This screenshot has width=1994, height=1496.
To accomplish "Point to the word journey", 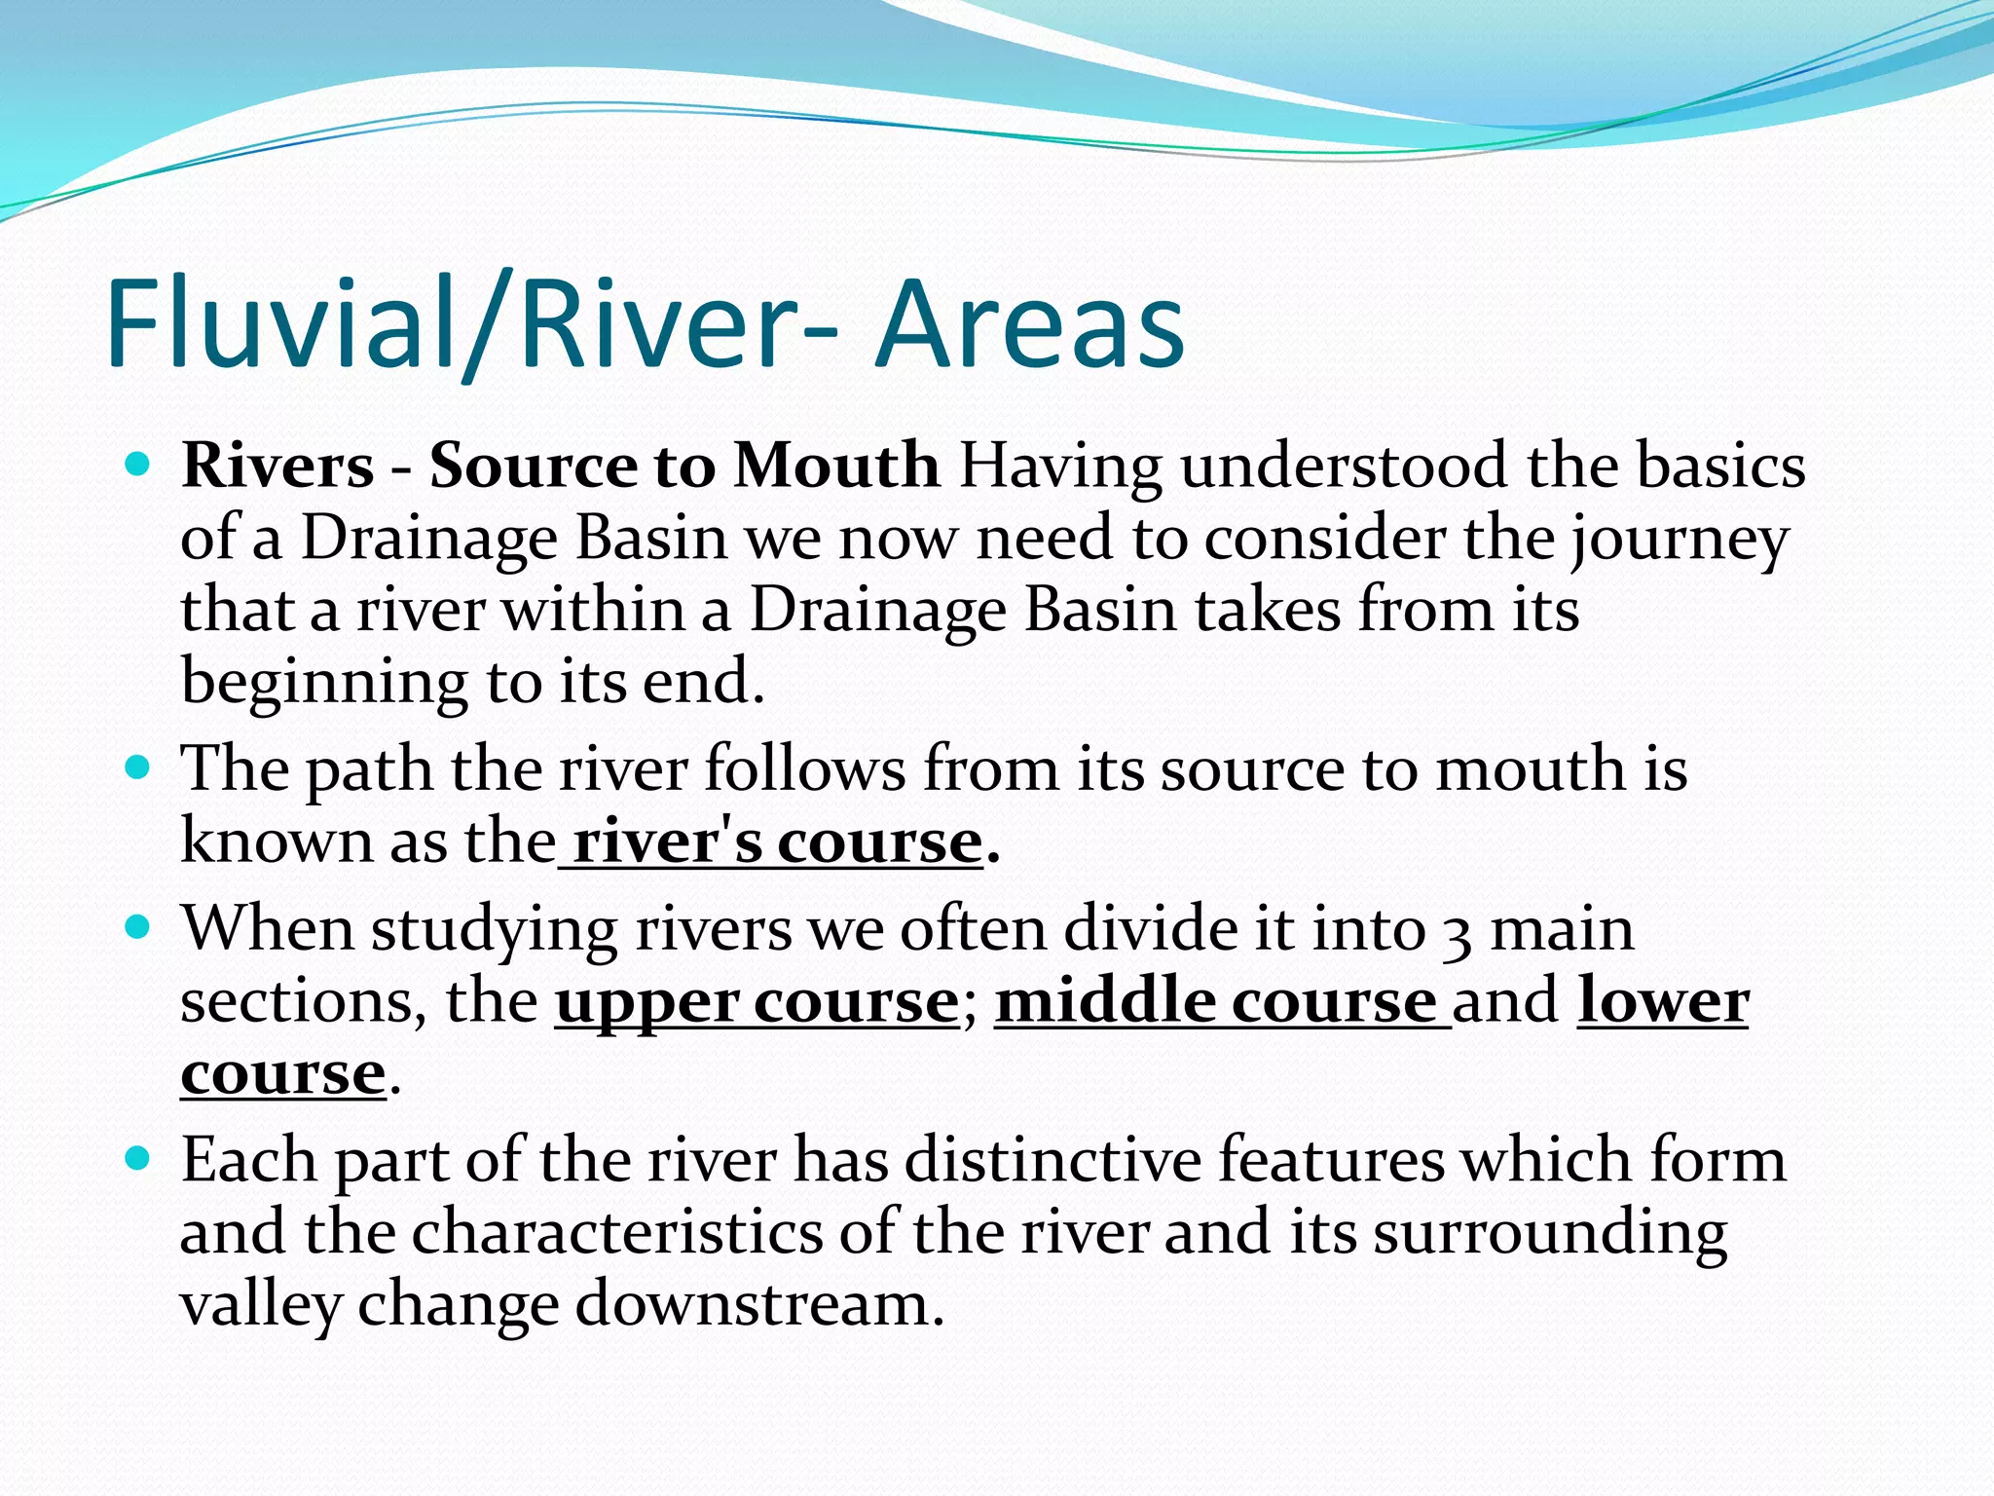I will (1679, 539).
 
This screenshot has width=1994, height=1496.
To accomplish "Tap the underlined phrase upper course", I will (757, 1002).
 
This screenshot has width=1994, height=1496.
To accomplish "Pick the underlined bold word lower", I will (1663, 1002).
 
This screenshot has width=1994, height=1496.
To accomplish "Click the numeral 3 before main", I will (1457, 932).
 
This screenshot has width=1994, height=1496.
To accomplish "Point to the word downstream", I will (759, 1304).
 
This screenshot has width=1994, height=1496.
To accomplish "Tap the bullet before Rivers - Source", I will (138, 464).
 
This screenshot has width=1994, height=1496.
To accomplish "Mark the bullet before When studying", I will (138, 927).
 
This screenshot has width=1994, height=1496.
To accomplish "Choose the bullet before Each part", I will (138, 1159).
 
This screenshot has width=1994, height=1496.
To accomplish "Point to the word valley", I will (260, 1304).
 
